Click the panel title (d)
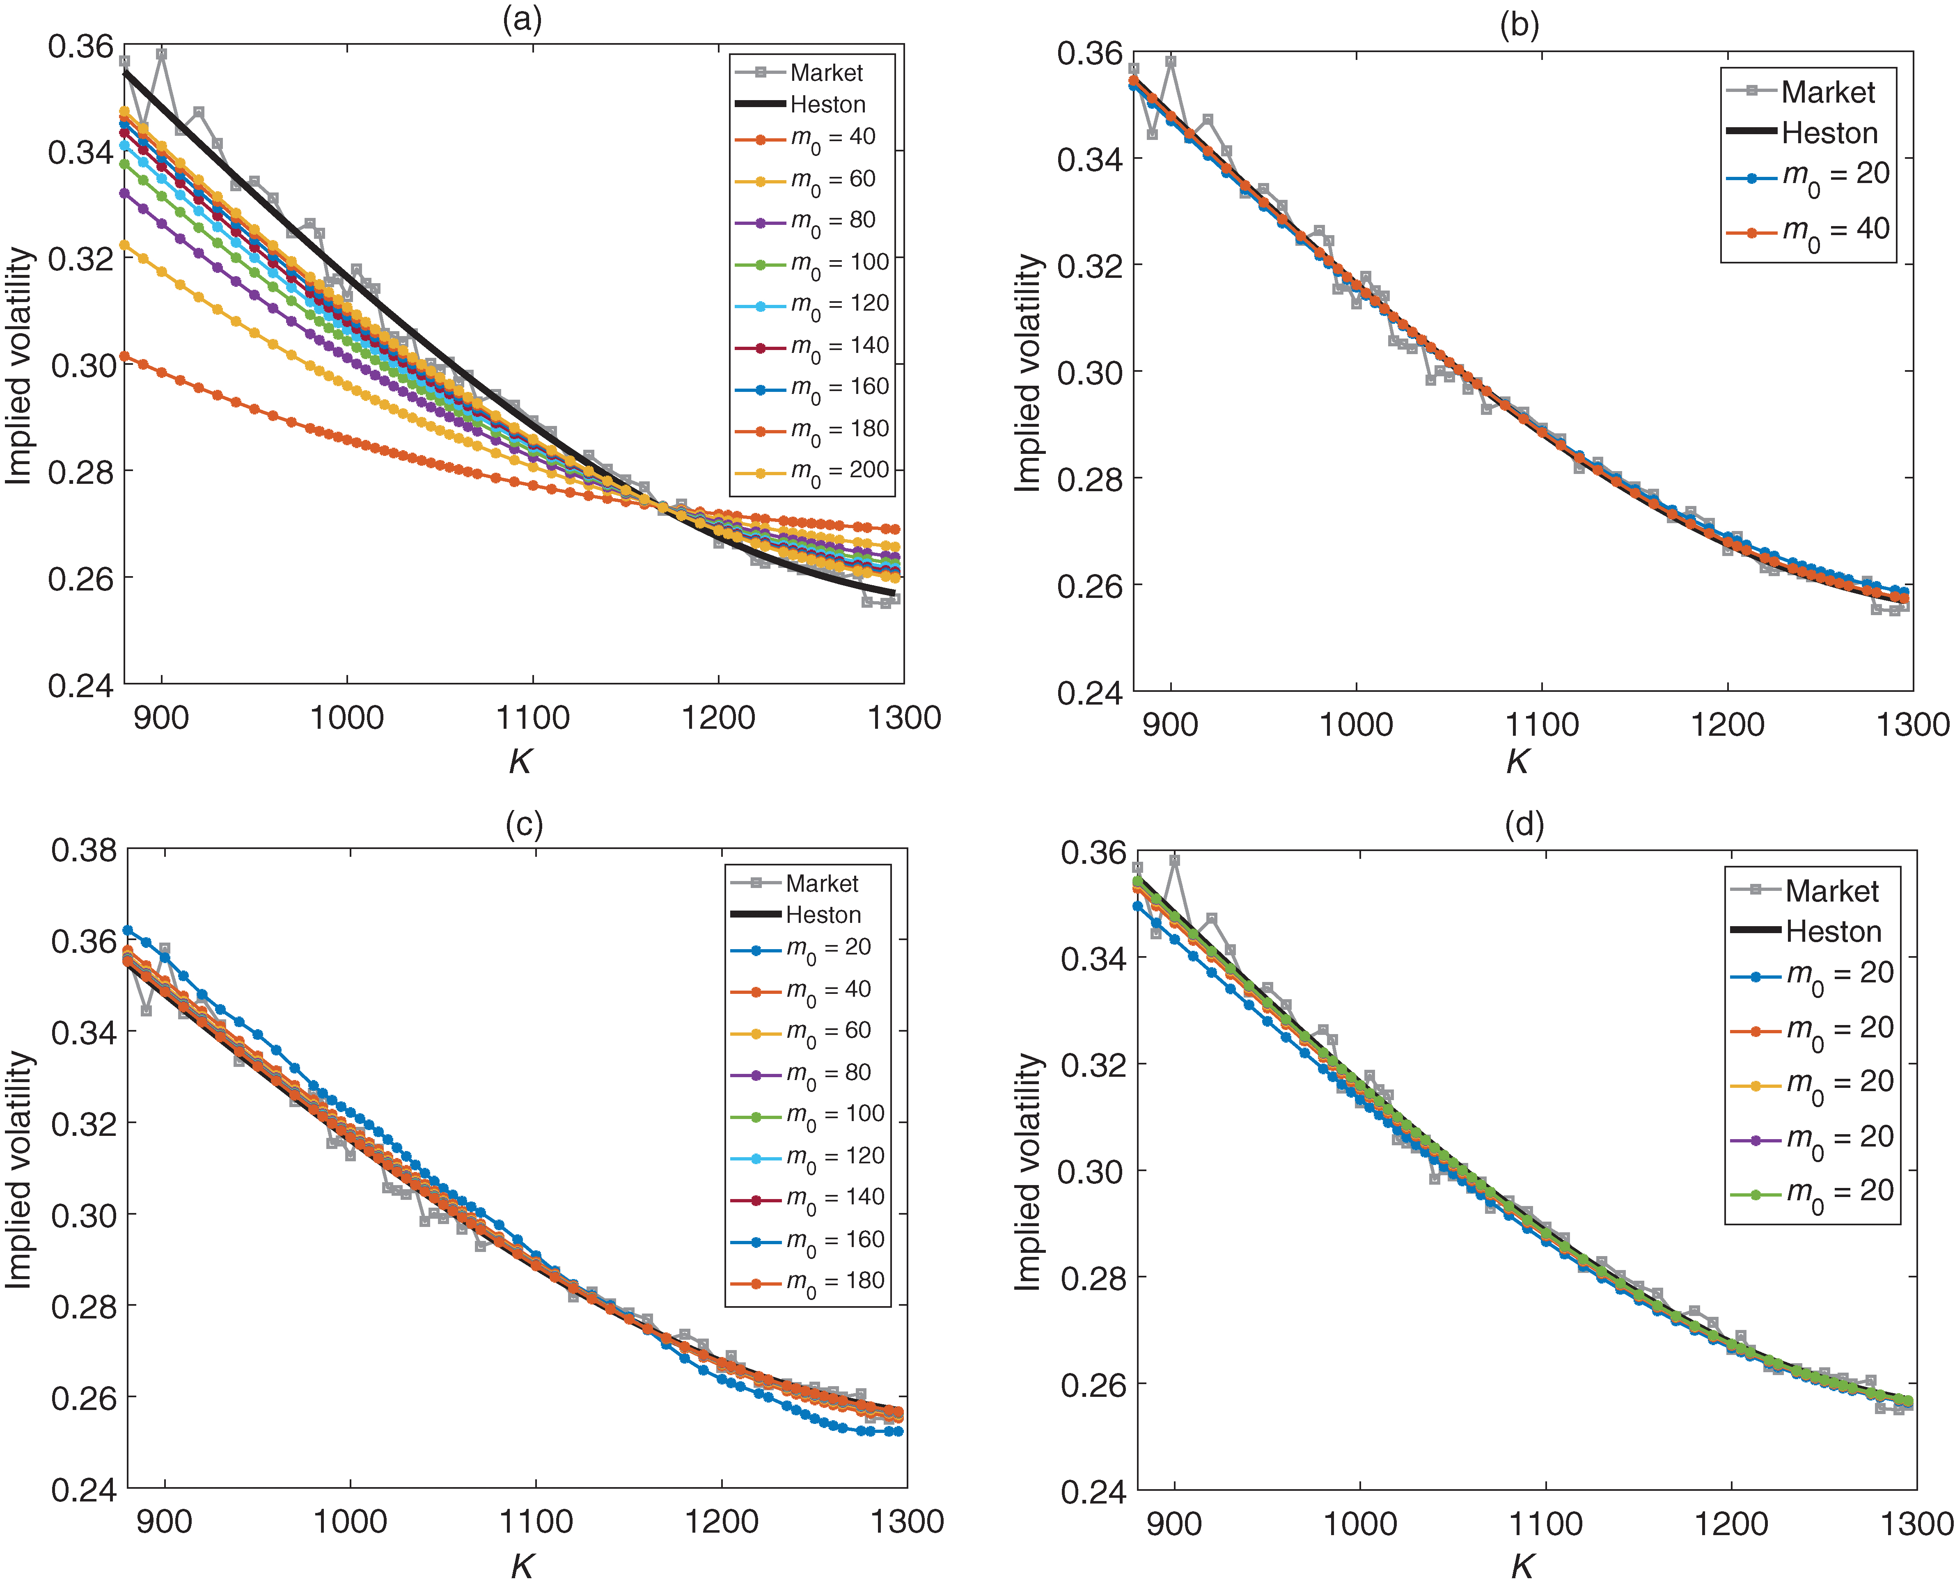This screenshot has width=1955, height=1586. pyautogui.click(x=1524, y=825)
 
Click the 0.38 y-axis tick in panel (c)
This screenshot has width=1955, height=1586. pyautogui.click(x=84, y=851)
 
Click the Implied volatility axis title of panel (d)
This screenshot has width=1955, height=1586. pyautogui.click(x=1028, y=1172)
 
